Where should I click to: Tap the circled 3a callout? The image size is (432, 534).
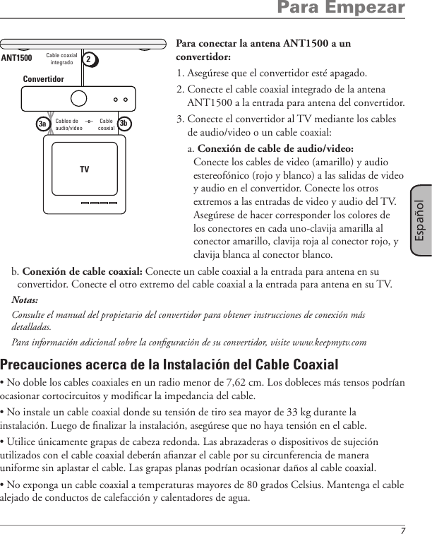pyautogui.click(x=42, y=124)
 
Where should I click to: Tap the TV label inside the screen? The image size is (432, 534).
pyautogui.click(x=85, y=170)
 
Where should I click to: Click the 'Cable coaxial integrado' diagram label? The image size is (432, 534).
pyautogui.click(x=61, y=59)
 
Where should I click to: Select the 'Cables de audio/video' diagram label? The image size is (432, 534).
pyautogui.click(x=68, y=125)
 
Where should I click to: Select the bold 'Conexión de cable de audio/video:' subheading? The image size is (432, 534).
pyautogui.click(x=276, y=148)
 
